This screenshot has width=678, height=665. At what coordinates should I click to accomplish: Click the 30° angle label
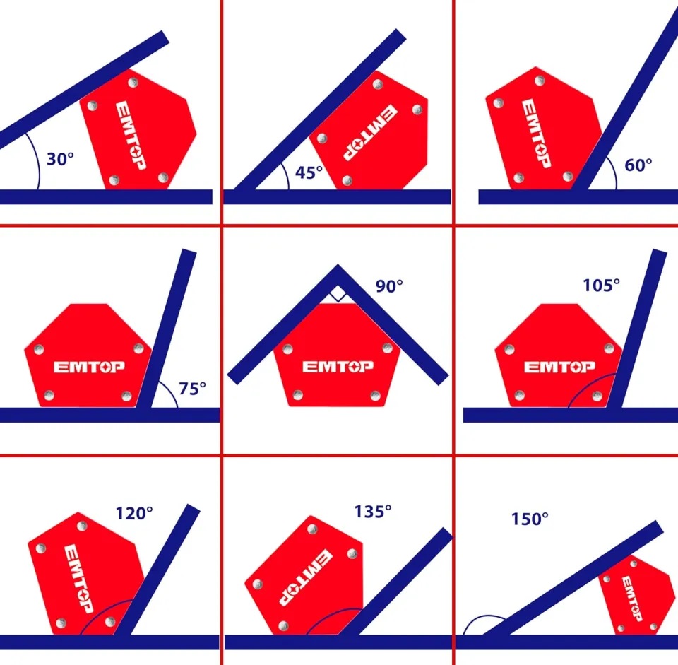point(60,159)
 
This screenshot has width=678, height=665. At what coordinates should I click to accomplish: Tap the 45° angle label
point(309,172)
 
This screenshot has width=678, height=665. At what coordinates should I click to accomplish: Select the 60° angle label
point(638,165)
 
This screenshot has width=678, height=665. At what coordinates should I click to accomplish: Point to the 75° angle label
point(192,389)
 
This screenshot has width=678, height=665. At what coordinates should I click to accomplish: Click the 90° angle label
point(389,286)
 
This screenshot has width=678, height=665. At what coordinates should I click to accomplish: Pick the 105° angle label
point(601,285)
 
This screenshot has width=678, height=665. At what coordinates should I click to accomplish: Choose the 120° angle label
point(134,513)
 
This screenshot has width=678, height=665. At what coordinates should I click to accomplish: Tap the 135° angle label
point(373,512)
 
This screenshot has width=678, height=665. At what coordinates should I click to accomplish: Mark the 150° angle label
point(530,519)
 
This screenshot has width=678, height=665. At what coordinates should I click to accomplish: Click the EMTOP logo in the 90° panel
point(338,367)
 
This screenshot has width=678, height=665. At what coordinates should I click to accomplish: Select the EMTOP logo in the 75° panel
point(89,367)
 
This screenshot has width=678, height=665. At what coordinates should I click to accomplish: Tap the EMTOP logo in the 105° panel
point(559,367)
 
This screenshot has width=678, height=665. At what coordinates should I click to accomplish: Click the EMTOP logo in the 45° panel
point(371,132)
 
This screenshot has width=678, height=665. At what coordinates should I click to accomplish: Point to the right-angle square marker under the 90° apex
point(338,295)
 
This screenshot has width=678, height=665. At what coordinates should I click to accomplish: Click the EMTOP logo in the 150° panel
point(632,599)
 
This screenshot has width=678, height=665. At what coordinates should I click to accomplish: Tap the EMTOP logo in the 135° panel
point(306,577)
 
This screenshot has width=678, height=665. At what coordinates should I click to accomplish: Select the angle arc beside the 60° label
point(613,172)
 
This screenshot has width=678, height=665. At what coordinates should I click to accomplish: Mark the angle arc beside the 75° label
point(171,393)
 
